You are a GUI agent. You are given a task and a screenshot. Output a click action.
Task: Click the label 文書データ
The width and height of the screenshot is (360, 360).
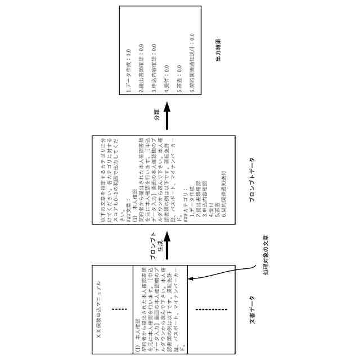coord(251,310)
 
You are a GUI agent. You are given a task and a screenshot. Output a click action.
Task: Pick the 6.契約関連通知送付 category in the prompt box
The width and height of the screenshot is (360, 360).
coord(223,183)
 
